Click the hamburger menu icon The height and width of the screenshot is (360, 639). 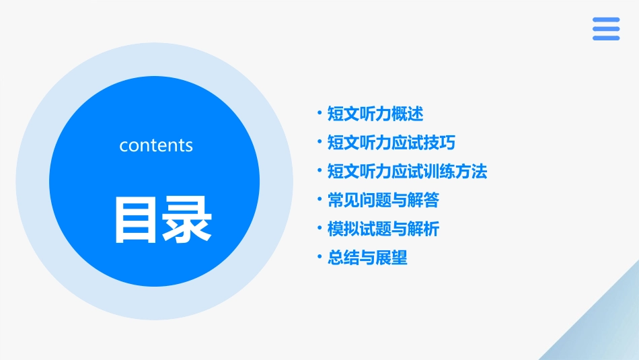606,29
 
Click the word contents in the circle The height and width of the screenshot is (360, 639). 156,145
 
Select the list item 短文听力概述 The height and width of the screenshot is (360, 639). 375,114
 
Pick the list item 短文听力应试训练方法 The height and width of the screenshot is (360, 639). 407,172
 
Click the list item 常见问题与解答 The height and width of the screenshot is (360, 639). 383,201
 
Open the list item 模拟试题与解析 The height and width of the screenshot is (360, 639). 383,229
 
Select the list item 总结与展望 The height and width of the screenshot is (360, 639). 367,258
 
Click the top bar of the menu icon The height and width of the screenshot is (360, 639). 606,20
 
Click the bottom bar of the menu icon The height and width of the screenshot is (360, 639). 606,38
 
